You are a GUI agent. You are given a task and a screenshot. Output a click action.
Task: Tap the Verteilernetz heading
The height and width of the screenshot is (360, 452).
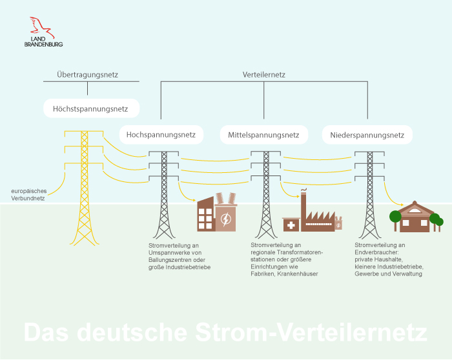(x=263, y=75)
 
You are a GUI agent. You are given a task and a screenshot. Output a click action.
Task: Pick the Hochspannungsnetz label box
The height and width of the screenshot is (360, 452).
(x=161, y=135)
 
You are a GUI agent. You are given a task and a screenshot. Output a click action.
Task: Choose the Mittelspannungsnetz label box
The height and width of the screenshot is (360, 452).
(x=263, y=135)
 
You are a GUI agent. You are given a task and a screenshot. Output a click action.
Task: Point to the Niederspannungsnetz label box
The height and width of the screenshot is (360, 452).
(x=367, y=135)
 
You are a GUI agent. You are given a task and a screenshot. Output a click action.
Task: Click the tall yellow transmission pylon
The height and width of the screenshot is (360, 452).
(x=83, y=187)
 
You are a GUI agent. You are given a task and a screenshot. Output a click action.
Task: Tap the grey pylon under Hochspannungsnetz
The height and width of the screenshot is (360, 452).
(x=163, y=194)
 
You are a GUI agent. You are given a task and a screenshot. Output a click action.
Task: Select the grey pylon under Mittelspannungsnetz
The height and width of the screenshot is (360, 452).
(x=264, y=194)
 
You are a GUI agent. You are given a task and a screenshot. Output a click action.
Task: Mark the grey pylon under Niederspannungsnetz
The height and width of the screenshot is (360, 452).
(x=369, y=194)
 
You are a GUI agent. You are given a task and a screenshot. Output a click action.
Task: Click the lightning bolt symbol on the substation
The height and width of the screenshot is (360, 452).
(x=225, y=220)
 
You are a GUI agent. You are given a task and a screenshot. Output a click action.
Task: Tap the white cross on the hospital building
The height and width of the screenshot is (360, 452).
(x=291, y=225)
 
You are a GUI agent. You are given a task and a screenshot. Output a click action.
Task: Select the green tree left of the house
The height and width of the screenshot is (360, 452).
(x=395, y=216)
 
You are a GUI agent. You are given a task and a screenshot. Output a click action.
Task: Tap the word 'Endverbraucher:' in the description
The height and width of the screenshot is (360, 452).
(x=380, y=252)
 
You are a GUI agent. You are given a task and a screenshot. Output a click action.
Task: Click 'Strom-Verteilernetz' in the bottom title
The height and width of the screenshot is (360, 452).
(x=310, y=333)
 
